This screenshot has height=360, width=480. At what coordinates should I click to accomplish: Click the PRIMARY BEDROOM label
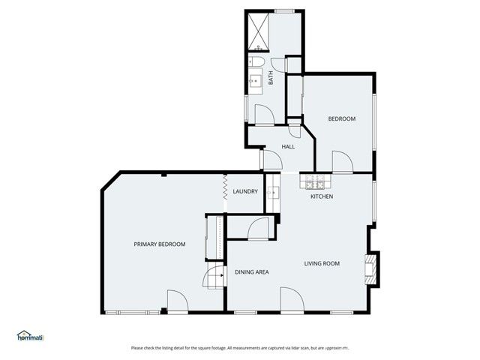coord(159,244)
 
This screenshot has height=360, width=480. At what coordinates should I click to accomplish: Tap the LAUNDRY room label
coord(245,192)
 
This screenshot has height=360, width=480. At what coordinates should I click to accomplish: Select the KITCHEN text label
coord(322,196)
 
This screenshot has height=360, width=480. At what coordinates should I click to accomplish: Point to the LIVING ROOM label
coord(322,263)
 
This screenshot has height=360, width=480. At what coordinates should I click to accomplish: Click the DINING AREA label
coord(252,271)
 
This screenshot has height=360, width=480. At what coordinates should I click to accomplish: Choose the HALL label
coord(288,147)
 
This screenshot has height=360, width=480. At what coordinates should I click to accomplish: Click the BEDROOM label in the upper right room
coord(341,119)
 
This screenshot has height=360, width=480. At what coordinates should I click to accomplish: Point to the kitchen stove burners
coord(313,183)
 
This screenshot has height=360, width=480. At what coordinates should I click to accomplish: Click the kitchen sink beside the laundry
coord(273,193)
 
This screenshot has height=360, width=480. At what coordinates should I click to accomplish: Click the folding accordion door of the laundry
coord(225,187)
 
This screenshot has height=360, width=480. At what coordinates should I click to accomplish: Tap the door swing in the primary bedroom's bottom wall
coord(177,301)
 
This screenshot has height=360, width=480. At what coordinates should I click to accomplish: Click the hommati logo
coord(30,337)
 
